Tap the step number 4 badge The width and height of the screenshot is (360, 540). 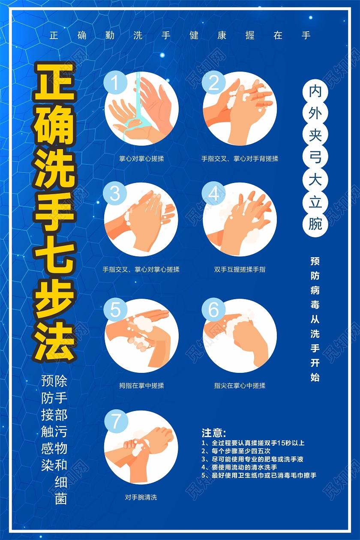tap(214, 194)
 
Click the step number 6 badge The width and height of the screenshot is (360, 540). tap(214, 310)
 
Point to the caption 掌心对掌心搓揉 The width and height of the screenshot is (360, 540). tap(141, 159)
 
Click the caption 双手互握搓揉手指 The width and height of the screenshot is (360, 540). tap(240, 270)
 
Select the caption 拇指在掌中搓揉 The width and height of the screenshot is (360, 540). tap(141, 386)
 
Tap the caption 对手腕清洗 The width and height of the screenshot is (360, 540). tap(141, 497)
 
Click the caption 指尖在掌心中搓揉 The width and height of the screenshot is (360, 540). tap(240, 386)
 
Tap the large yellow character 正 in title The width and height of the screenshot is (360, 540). tap(55, 81)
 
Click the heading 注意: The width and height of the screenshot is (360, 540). tap(214, 433)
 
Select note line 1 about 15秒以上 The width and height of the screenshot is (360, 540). tap(253, 443)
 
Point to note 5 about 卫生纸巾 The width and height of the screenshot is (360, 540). tap(259, 476)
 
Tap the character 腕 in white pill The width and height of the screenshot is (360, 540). tap(315, 223)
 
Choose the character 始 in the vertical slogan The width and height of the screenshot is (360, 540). tap(315, 378)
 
